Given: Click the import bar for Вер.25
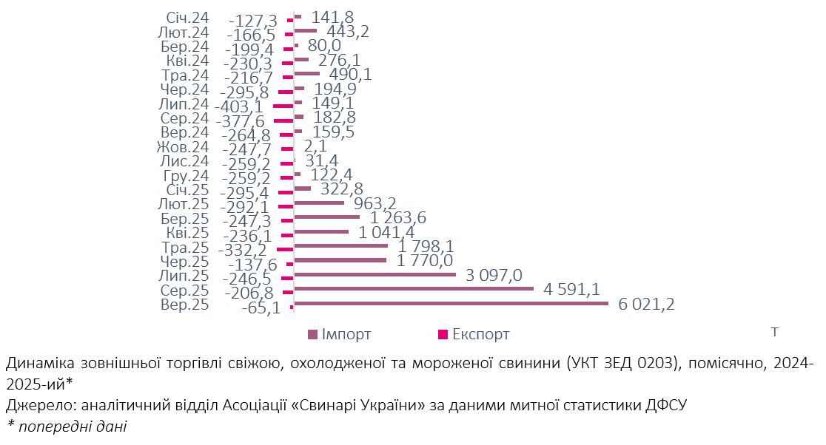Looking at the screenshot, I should point(451,303).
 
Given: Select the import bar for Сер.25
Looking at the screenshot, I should point(414,288).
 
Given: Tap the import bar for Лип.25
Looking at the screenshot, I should point(375,274).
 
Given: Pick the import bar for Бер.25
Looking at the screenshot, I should point(326,217).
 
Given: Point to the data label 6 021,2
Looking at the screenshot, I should point(646,304).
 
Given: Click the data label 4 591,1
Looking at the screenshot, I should point(571,289).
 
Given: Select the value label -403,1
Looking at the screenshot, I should point(241,106).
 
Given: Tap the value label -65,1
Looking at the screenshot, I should point(261,308).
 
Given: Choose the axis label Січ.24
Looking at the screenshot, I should point(186,18).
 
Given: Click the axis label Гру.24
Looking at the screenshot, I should point(186,176).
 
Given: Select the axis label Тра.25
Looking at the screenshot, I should point(185,247).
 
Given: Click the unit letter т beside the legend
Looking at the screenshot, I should point(774,332).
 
